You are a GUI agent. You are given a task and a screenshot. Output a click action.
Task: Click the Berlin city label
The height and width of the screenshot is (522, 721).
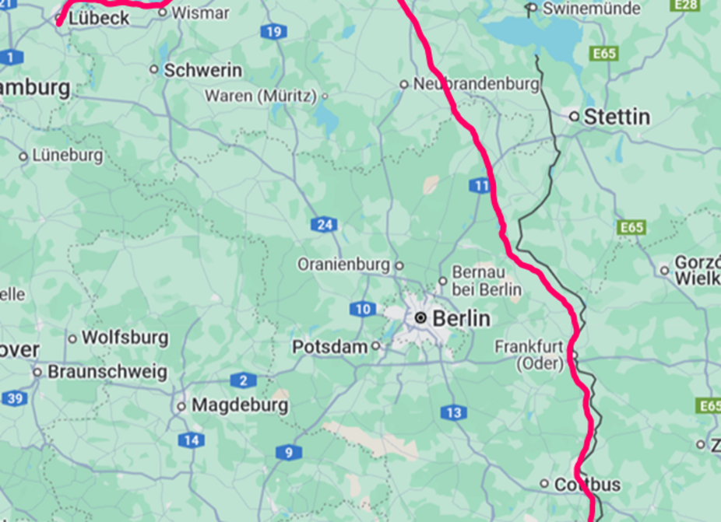tap(461, 318)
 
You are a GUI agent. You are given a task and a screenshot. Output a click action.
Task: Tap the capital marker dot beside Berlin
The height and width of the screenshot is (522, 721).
tap(420, 317)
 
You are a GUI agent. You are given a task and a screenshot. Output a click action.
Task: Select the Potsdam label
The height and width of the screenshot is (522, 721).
tap(329, 346)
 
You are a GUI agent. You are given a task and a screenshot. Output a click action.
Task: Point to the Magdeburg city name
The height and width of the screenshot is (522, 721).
tap(240, 405)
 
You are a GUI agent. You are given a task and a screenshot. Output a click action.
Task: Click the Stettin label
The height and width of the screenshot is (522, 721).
tap(617, 117)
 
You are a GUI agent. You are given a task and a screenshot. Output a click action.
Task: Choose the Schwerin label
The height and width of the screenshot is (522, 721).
tap(202, 70)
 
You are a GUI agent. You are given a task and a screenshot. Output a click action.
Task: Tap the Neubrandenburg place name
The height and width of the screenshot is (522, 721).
tap(476, 83)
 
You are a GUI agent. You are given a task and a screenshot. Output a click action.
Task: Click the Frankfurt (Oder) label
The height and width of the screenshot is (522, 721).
tap(529, 355)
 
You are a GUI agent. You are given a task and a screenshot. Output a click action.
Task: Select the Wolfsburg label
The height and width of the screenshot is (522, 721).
tap(125, 338)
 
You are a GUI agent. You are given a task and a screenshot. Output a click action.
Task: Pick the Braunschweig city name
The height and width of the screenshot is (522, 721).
tap(107, 372)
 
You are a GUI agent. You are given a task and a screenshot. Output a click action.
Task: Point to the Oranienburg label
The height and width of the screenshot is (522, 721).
tap(344, 265)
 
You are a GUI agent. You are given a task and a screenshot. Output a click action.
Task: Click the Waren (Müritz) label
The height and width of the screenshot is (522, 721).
tap(261, 96)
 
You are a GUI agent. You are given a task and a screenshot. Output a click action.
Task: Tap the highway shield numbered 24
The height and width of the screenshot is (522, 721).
tap(324, 225)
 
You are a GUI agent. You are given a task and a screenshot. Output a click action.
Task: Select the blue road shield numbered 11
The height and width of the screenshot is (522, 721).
tap(480, 185)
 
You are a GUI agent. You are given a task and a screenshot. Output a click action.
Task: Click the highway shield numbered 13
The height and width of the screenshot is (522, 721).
tap(453, 412)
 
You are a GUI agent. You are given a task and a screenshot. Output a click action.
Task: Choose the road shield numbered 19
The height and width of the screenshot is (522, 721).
tap(273, 32)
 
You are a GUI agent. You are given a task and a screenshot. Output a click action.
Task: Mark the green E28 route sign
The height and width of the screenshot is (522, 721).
tap(685, 5)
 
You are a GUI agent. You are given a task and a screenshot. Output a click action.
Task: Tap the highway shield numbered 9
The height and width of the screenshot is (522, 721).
tap(288, 452)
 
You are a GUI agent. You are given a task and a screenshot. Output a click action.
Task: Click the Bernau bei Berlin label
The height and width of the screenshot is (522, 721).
tap(489, 281)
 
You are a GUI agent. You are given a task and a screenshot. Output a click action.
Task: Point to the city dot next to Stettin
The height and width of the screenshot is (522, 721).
tap(574, 116)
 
